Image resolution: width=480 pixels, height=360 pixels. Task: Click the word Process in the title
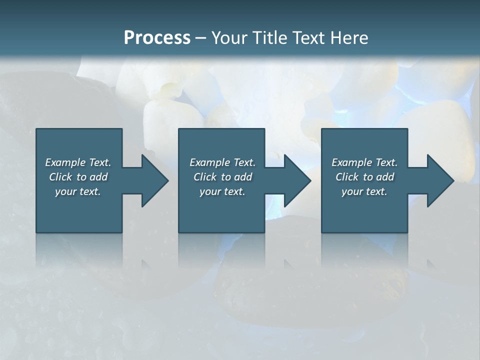(x=157, y=38)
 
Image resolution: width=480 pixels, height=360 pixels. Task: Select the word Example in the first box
(x=65, y=162)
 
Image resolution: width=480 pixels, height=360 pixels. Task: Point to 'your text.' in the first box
(x=78, y=191)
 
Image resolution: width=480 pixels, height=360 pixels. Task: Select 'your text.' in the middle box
(x=222, y=191)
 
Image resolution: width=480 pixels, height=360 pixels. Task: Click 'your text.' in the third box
(x=364, y=191)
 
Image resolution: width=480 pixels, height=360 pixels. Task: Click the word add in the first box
(x=99, y=177)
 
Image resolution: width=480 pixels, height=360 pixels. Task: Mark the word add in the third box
(x=385, y=177)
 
